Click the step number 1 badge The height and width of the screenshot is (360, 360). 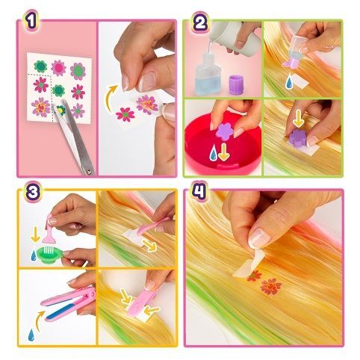(x=31, y=21)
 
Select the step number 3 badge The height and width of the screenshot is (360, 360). (x=32, y=192)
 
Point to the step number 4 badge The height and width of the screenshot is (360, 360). (x=199, y=191)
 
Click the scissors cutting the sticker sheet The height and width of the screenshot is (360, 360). (x=75, y=136)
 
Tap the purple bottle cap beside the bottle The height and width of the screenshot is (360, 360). (x=235, y=85)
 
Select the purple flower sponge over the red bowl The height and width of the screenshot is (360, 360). (x=225, y=132)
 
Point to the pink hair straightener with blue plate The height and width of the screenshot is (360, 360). (x=69, y=303)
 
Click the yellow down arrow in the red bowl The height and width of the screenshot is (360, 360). (x=224, y=152)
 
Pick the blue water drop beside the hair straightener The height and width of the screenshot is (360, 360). (x=32, y=335)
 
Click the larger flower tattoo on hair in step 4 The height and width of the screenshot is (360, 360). (x=270, y=287)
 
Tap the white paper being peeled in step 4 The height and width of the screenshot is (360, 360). (x=249, y=264)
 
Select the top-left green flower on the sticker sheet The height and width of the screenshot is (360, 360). (x=40, y=66)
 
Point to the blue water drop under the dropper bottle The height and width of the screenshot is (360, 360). (x=290, y=82)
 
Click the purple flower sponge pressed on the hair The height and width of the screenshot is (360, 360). (x=298, y=137)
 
